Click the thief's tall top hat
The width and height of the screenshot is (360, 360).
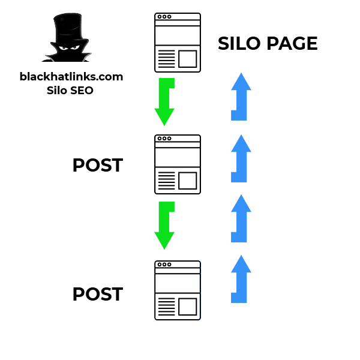tap(68, 25)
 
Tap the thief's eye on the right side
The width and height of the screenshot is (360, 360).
tap(75, 47)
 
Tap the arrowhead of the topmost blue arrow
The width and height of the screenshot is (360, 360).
tap(241, 76)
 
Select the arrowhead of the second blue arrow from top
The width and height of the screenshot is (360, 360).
tap(241, 137)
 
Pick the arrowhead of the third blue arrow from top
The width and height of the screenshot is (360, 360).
tap(241, 197)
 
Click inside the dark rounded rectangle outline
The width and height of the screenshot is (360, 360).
tap(178, 290)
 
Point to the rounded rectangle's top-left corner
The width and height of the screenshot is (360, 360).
tap(156, 262)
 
